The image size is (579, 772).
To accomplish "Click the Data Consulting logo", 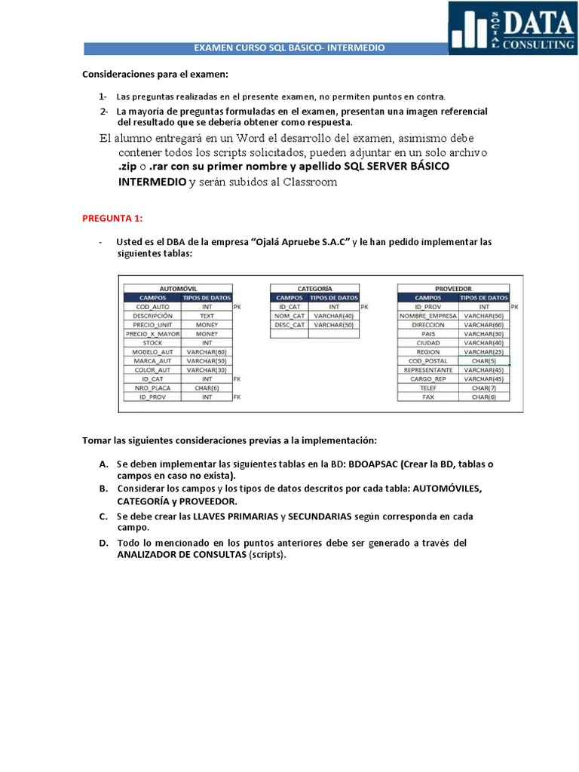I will pyautogui.click(x=512, y=28).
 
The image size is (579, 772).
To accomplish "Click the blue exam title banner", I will pyautogui.click(x=289, y=48).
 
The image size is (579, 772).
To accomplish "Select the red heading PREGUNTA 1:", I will pyautogui.click(x=112, y=219).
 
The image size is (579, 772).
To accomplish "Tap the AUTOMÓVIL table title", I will pyautogui.click(x=178, y=288).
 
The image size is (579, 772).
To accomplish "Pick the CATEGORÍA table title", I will pyautogui.click(x=314, y=288).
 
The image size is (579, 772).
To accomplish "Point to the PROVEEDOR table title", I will pyautogui.click(x=453, y=288).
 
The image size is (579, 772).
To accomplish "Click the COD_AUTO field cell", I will pyautogui.click(x=152, y=307).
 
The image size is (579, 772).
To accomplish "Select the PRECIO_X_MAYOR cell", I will pyautogui.click(x=152, y=333).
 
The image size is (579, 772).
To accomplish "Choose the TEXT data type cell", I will pyautogui.click(x=207, y=316).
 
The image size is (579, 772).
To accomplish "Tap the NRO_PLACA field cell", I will pyautogui.click(x=152, y=388).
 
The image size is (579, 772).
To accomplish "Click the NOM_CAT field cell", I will pyautogui.click(x=289, y=316).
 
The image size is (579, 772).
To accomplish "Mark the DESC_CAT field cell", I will pyautogui.click(x=289, y=325).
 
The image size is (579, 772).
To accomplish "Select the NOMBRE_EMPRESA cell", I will pyautogui.click(x=428, y=316).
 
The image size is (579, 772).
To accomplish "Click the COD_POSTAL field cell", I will pyautogui.click(x=428, y=360).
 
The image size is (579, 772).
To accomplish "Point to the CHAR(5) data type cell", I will pyautogui.click(x=483, y=360).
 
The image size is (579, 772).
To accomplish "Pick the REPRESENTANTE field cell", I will pyautogui.click(x=428, y=369).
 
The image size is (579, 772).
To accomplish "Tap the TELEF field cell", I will pyautogui.click(x=428, y=388).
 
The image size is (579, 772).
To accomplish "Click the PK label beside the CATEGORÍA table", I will pyautogui.click(x=364, y=307).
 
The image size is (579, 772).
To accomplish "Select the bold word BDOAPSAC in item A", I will pyautogui.click(x=373, y=464).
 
